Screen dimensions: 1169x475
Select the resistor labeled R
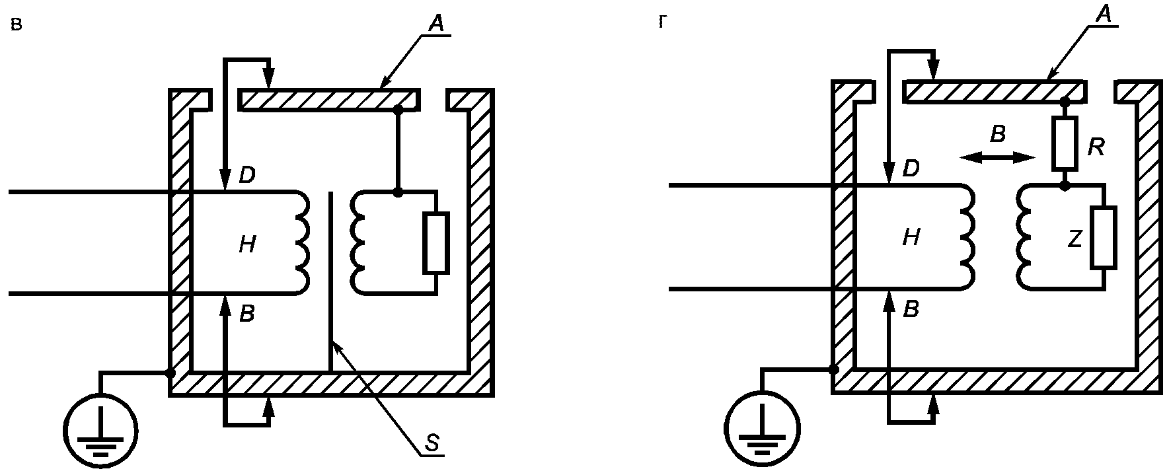tap(1065, 143)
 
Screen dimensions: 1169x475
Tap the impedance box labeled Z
tap(1104, 237)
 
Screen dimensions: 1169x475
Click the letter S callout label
tap(431, 443)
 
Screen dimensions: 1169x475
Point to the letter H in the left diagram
tap(247, 245)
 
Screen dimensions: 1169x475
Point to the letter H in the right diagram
tap(911, 237)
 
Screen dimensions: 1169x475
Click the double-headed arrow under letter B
tap(998, 157)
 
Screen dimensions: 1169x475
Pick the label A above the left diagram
tap(437, 24)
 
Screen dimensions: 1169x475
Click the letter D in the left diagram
tap(246, 176)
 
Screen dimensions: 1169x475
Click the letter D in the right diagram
tap(911, 168)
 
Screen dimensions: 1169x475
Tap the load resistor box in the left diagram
tap(436, 243)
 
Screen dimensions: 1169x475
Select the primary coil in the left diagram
tap(301, 242)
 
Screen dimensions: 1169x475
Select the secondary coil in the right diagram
tap(1025, 237)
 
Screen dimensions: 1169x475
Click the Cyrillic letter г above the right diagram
tap(663, 22)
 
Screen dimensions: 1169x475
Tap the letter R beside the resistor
tap(1096, 147)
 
